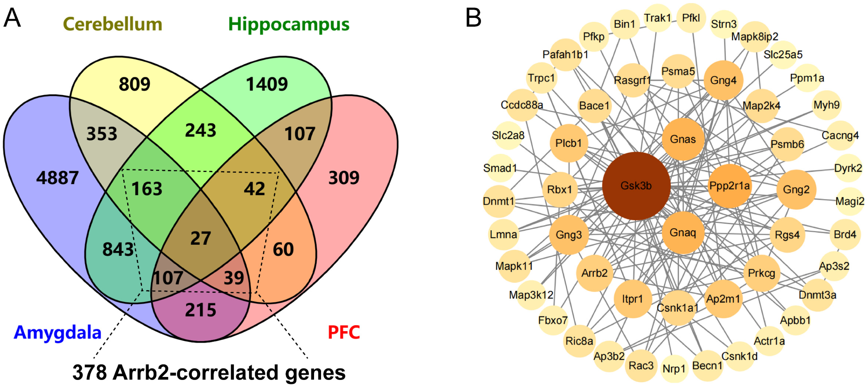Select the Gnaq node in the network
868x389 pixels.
point(683,232)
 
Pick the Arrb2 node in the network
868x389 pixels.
point(594,273)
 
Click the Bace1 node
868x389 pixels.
point(594,105)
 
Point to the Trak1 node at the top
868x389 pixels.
point(657,18)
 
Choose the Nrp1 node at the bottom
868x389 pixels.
point(674,369)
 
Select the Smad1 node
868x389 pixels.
point(500,168)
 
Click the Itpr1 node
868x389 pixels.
point(633,299)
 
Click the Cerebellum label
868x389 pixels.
point(112,24)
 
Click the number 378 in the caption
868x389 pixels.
point(90,372)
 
